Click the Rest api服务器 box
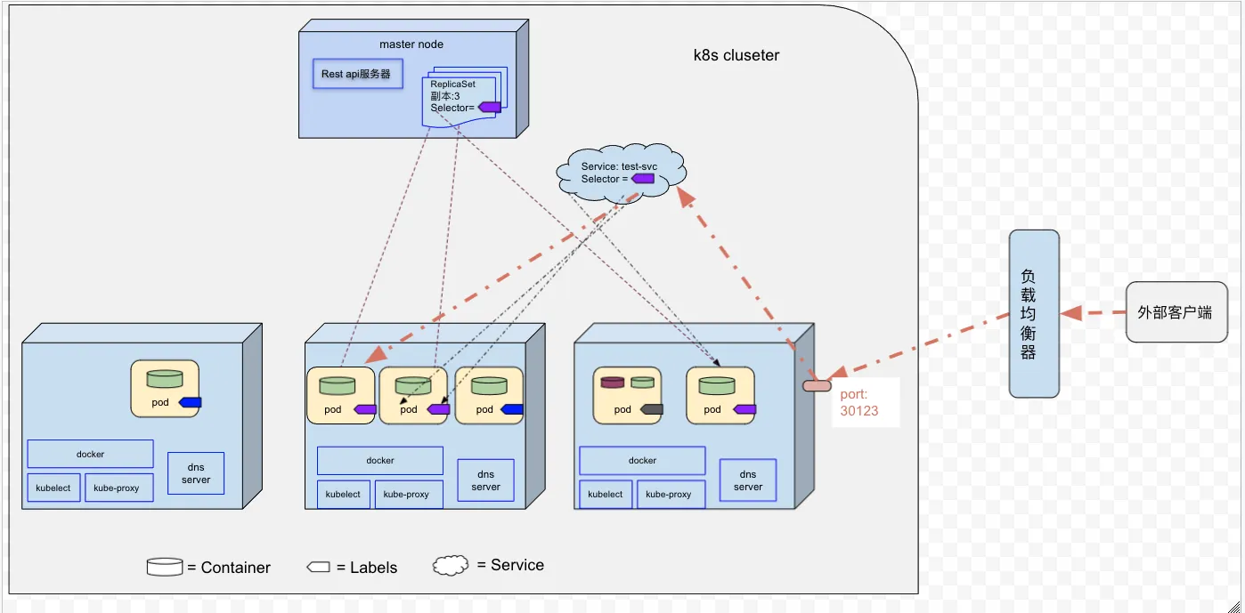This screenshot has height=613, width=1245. tap(357, 74)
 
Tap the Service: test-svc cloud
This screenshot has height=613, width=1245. tap(621, 172)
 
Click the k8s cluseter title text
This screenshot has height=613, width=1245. tap(736, 55)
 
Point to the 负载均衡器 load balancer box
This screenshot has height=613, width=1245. tap(1034, 314)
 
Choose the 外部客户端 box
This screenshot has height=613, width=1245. tap(1176, 312)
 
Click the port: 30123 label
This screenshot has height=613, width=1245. tap(858, 402)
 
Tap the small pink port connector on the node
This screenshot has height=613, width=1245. tap(817, 386)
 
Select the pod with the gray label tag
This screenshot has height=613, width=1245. tap(627, 395)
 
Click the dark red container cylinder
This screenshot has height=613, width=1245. tap(613, 382)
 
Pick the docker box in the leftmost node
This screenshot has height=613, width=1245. tap(90, 455)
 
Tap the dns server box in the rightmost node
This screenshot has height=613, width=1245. tap(747, 480)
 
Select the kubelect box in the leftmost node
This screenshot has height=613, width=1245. tap(53, 488)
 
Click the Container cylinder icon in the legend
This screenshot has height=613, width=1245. tap(165, 567)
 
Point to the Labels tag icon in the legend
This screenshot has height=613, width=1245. tap(319, 567)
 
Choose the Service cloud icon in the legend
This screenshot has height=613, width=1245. tap(451, 565)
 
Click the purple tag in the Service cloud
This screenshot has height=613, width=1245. tap(643, 179)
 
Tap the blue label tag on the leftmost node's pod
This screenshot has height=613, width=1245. tap(190, 402)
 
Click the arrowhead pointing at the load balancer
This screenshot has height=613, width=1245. tap(1070, 312)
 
